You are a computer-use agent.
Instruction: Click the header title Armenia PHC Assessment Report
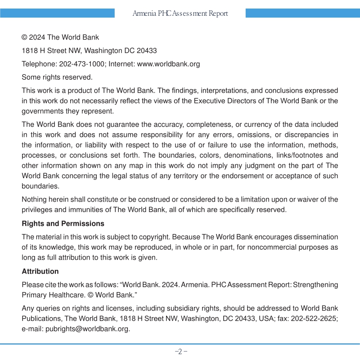click(x=180, y=13)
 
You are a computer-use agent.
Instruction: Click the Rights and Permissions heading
click(x=63, y=224)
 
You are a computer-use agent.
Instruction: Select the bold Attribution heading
click(x=40, y=271)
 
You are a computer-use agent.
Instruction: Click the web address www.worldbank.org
click(x=168, y=64)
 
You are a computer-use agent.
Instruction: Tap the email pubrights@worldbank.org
click(x=87, y=328)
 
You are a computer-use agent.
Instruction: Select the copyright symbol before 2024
click(x=25, y=37)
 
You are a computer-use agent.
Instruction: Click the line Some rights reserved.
click(x=57, y=77)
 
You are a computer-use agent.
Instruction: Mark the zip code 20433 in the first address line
click(x=147, y=51)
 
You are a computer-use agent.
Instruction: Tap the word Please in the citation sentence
click(x=32, y=285)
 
